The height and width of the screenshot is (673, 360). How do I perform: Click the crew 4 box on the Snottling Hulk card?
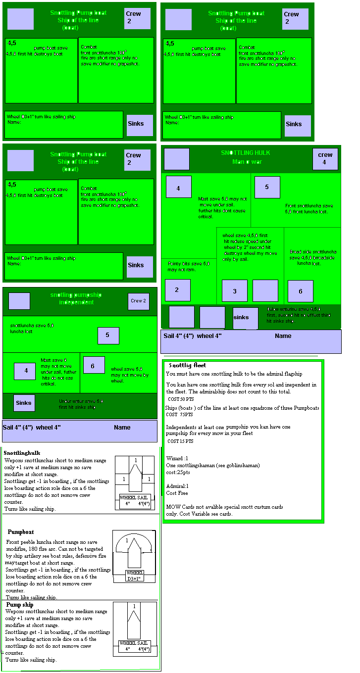(x=325, y=158)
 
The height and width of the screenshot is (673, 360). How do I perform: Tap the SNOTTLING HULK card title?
(x=246, y=153)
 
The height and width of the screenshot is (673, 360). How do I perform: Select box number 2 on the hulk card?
(x=177, y=290)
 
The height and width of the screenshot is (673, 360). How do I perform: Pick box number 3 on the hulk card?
(x=235, y=291)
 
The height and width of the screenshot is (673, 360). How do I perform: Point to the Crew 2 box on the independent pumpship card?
(x=138, y=301)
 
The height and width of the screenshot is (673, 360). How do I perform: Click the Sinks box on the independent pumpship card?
(x=24, y=403)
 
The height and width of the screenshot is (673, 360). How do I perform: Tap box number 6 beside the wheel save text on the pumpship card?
(x=93, y=365)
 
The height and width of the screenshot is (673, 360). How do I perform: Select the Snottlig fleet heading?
(x=188, y=365)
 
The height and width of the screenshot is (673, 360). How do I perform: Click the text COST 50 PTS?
(x=181, y=399)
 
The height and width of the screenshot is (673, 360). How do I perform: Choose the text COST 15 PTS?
(x=181, y=441)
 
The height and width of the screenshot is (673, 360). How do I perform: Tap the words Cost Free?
(x=177, y=493)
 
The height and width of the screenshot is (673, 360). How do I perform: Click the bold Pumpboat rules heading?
(x=21, y=532)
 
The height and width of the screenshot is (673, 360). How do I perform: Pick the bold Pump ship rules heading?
(x=20, y=605)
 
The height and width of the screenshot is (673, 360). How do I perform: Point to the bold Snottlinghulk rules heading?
(x=22, y=453)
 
